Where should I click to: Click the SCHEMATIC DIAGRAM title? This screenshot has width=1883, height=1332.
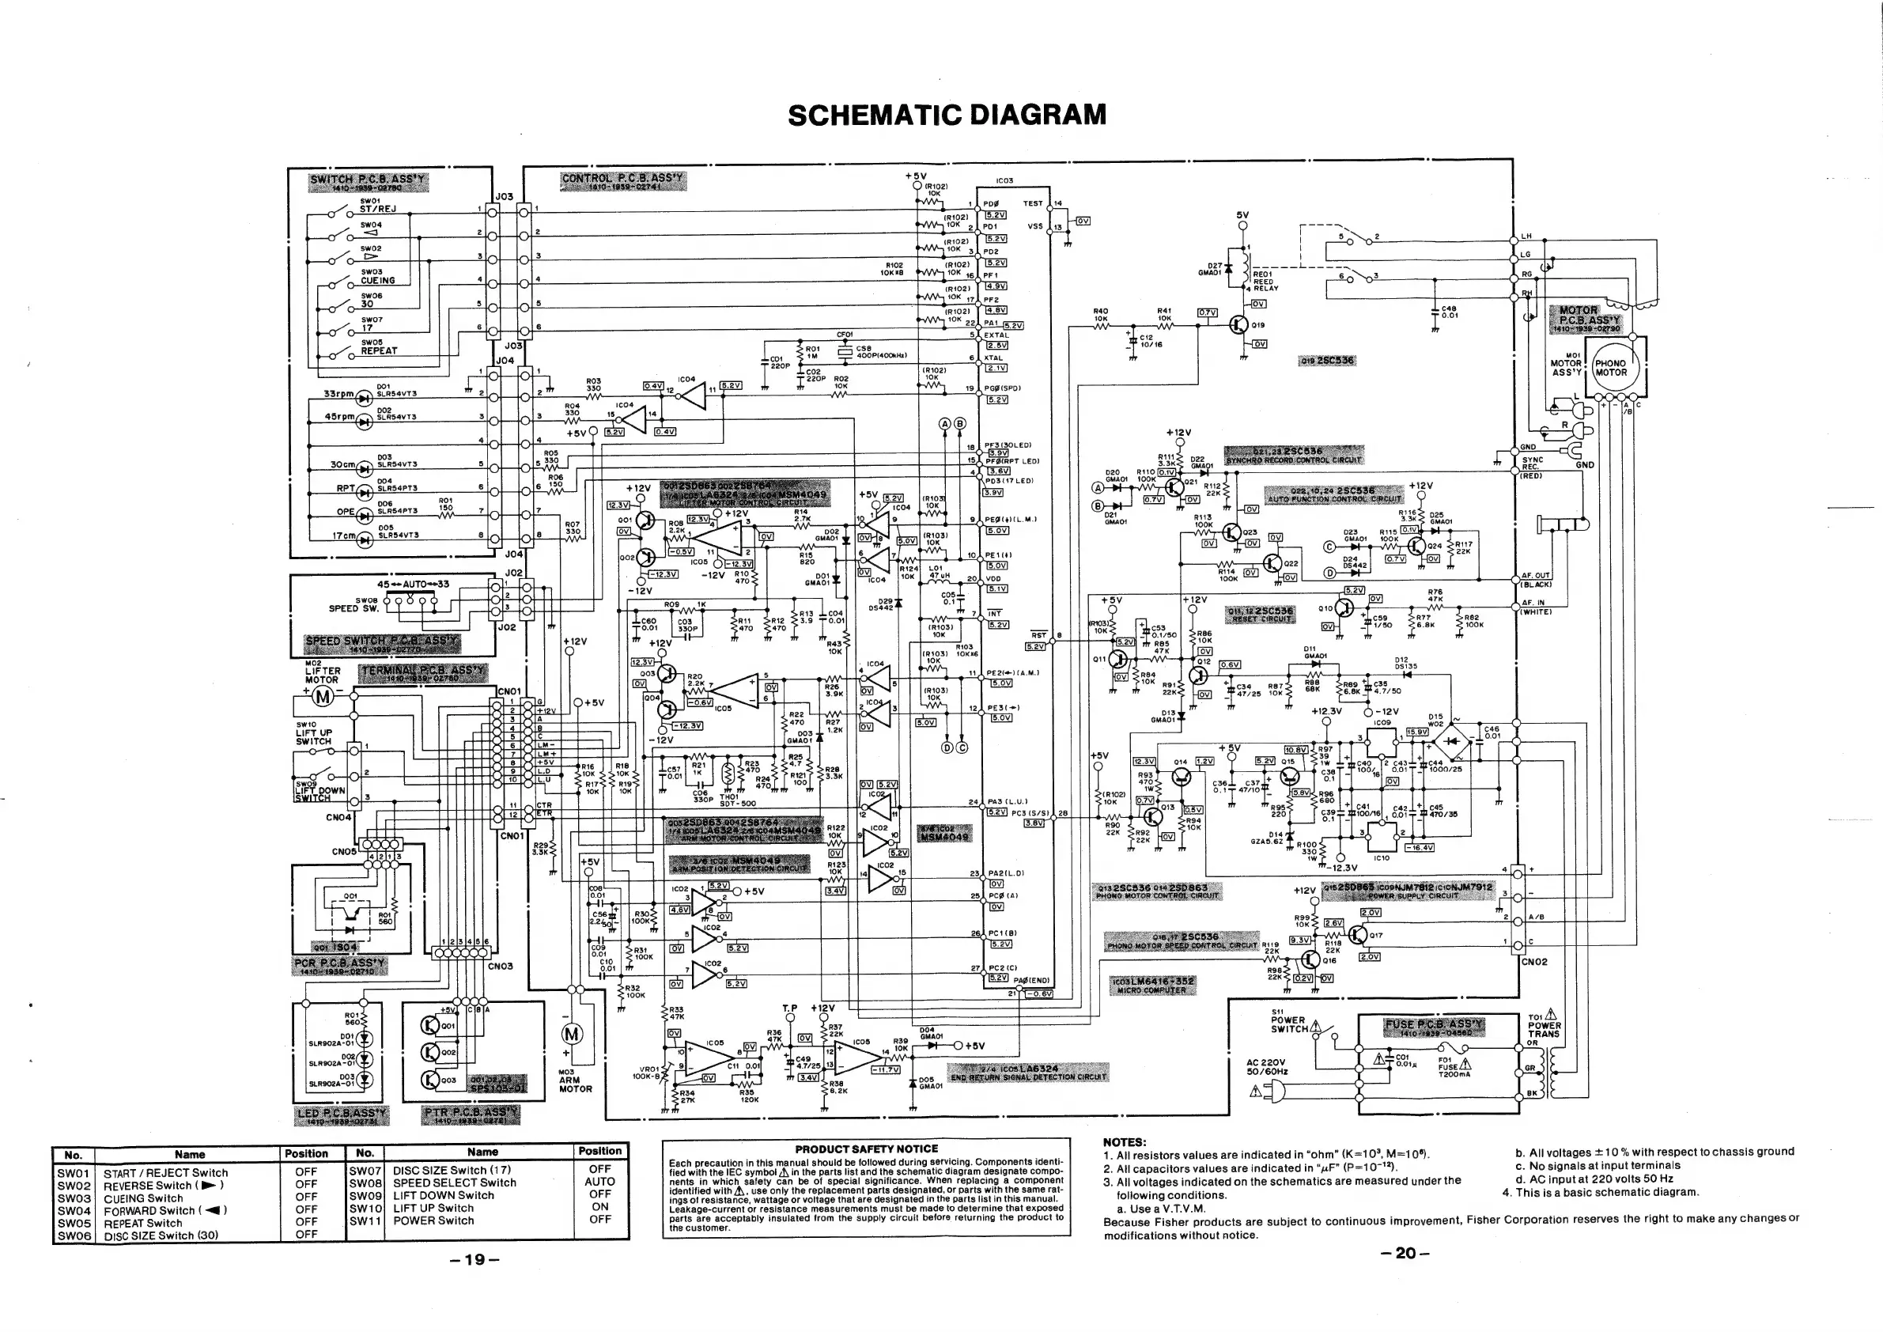947,114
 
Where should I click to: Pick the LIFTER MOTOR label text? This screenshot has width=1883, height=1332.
323,675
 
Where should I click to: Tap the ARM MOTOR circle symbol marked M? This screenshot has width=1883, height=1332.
572,1035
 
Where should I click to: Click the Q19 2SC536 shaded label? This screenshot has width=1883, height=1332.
1326,361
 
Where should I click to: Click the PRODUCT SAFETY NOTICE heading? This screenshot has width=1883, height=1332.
866,1149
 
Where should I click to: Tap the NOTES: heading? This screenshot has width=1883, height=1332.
1125,1141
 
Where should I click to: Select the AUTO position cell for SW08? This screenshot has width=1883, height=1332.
600,1182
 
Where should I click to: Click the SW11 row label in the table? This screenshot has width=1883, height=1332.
365,1220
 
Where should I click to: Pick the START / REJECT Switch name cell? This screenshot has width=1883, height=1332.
165,1174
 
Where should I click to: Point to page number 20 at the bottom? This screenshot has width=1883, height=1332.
1405,1252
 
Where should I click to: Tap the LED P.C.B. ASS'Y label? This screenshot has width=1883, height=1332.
342,1114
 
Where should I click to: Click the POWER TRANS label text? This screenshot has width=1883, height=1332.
1545,1029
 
